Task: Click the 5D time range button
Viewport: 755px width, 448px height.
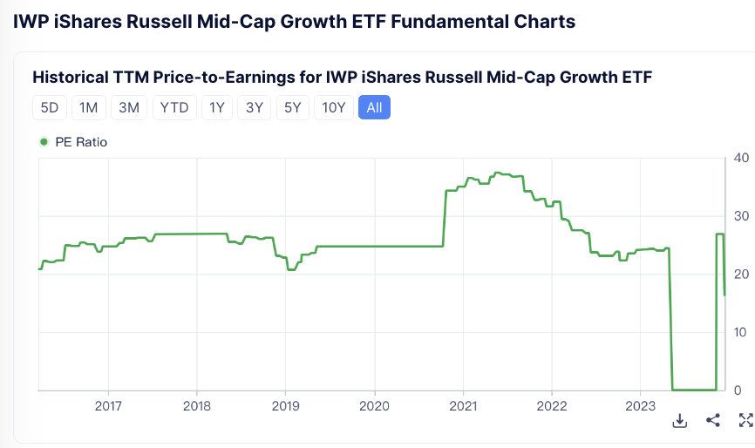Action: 50,107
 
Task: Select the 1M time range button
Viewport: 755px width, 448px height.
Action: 89,107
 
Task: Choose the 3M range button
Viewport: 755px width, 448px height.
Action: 129,107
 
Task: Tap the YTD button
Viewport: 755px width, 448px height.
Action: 173,107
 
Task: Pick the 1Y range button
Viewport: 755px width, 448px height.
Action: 217,107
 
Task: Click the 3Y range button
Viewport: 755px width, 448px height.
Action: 255,107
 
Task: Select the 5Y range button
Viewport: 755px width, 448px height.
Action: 292,107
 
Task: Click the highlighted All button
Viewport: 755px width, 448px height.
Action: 375,107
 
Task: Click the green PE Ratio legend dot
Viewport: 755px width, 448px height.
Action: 44,142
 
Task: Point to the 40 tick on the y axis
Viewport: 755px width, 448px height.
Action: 741,158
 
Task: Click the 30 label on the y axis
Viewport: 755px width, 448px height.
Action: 741,216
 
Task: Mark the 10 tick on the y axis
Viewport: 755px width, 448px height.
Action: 741,332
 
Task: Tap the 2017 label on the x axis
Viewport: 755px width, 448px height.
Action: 108,405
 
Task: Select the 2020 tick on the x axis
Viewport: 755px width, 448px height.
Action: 374,405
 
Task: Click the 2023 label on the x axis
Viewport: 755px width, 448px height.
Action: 640,405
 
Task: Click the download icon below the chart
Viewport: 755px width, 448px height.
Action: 680,421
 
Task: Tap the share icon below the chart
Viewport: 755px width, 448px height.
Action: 713,421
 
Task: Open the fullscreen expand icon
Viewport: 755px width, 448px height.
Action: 745,421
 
